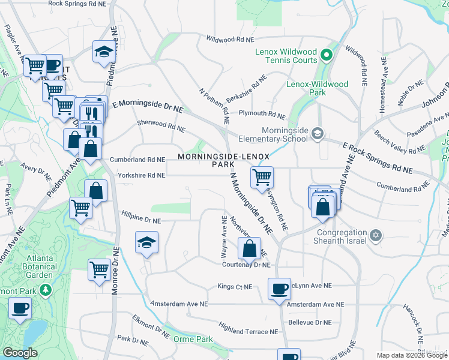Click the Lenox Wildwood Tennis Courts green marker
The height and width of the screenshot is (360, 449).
click(327, 56)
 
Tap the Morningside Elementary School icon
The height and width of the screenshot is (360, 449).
click(317, 134)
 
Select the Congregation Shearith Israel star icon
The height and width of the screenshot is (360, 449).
click(376, 235)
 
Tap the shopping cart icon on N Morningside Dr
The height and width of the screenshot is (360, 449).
click(262, 178)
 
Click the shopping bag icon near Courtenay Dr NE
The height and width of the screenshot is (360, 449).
click(249, 248)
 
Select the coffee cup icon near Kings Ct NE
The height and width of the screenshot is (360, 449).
click(279, 289)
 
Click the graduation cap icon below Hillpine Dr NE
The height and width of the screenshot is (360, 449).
click(145, 242)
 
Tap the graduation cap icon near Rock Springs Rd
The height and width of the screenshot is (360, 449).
click(104, 52)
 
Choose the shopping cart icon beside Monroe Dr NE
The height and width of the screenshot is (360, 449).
click(99, 269)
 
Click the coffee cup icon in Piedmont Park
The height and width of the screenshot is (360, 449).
click(20, 308)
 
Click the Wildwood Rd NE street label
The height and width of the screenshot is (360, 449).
click(231, 40)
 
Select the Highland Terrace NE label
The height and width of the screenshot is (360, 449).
click(249, 331)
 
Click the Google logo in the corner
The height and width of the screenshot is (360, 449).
click(20, 353)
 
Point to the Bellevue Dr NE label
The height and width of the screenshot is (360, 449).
click(312, 322)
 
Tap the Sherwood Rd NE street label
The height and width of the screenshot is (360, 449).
click(161, 127)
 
